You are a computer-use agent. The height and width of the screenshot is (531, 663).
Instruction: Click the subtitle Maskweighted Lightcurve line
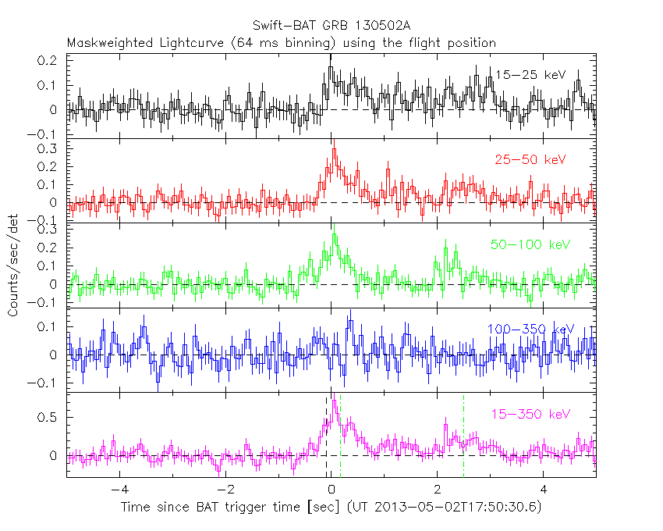281,43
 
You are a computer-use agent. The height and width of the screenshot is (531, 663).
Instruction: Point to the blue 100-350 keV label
530,330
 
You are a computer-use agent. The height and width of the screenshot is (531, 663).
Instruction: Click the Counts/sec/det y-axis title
13,265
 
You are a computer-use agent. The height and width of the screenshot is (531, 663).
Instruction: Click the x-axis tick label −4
118,490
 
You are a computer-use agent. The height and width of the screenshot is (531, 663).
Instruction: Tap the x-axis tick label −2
224,490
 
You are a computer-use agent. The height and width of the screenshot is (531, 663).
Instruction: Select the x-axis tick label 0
331,490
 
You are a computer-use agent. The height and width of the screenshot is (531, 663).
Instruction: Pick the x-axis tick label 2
438,490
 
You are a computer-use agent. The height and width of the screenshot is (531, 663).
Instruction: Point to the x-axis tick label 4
544,490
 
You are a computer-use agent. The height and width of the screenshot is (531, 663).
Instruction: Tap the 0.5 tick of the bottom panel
48,418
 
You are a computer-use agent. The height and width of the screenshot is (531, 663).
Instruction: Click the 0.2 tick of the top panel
48,60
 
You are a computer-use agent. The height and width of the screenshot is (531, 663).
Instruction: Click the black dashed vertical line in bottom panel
326,437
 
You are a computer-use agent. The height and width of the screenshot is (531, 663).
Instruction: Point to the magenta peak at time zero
334,402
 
